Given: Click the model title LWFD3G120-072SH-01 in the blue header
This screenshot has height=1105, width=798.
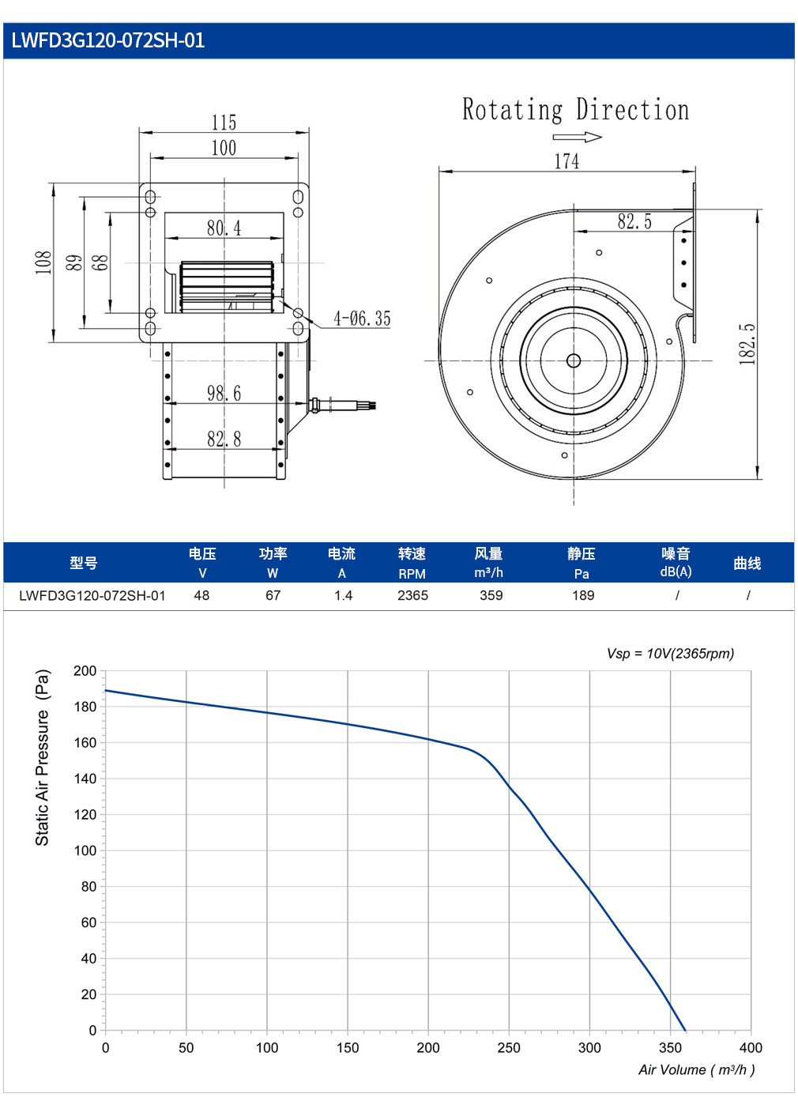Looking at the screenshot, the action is click(x=107, y=40).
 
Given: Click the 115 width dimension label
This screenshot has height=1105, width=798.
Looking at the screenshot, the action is click(x=224, y=123).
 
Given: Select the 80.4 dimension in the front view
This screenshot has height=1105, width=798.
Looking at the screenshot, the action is click(x=224, y=228).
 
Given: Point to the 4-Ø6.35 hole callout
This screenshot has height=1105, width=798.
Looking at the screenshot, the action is click(x=362, y=319).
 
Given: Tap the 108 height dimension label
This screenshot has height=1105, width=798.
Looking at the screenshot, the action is click(x=43, y=262).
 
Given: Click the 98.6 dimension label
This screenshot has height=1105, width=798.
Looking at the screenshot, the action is click(x=224, y=393).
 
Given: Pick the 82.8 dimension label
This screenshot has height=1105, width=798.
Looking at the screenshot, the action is click(x=224, y=439).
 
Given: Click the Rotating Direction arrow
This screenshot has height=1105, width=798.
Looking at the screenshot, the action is click(x=577, y=137).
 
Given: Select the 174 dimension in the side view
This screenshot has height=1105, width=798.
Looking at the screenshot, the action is click(x=567, y=161).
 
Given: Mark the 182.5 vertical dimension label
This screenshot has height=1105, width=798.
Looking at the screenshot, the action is click(x=747, y=344).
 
